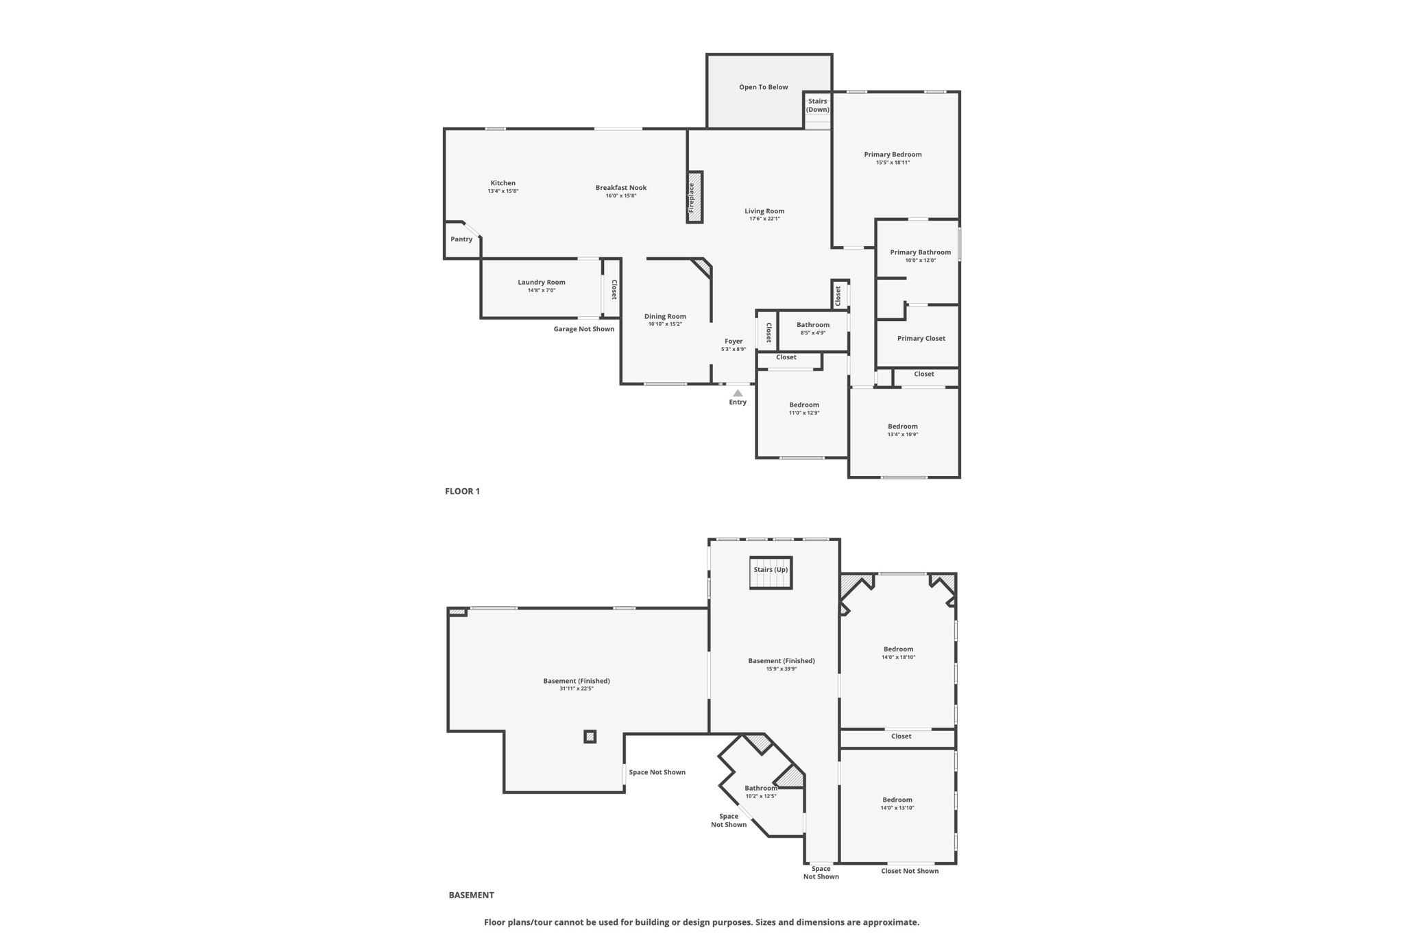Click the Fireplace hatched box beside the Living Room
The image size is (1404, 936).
[695, 197]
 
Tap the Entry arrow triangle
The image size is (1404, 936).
[738, 394]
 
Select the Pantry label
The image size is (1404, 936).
[461, 239]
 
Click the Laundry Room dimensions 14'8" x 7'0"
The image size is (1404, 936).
[542, 291]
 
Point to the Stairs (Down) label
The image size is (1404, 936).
[817, 106]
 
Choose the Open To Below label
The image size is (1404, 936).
[763, 87]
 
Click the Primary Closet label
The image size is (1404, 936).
[921, 339]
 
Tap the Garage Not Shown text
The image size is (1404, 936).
[584, 329]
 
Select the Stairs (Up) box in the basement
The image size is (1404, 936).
[771, 573]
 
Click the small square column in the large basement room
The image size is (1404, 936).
[590, 736]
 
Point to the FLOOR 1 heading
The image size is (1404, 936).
[463, 491]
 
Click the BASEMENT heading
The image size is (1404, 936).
[471, 895]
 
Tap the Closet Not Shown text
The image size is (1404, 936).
[910, 871]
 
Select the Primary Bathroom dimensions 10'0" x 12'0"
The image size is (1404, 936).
[921, 261]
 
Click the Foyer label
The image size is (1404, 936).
[734, 341]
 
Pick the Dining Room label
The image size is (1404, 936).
[665, 316]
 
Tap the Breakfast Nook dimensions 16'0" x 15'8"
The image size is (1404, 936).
[621, 196]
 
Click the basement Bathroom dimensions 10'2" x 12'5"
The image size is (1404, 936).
[761, 796]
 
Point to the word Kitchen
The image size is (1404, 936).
[503, 183]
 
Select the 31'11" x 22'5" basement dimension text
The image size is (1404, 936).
[577, 688]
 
